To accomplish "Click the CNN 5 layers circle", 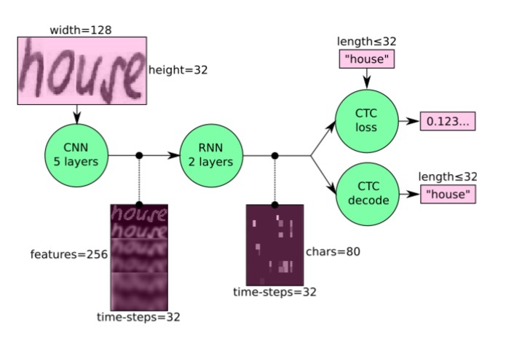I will (75, 155).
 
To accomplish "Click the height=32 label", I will (178, 71).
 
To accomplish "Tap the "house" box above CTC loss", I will (367, 59).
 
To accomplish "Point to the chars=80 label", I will (333, 252).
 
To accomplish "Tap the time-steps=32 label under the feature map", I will (138, 318).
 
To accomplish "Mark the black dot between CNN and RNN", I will (139, 155).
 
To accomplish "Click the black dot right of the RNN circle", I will (274, 155).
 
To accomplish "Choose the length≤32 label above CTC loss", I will (367, 43).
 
